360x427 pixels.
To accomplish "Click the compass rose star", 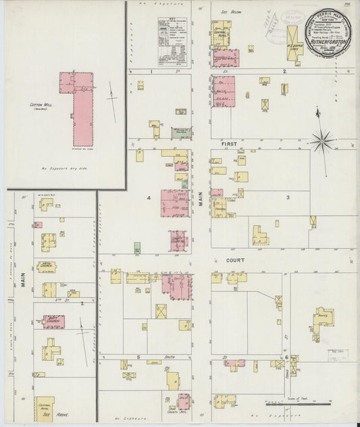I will (322, 141).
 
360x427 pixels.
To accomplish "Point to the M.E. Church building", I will (47, 265).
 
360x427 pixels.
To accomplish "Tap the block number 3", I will (287, 197).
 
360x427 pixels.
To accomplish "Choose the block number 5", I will (137, 356).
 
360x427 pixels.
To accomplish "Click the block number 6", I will (287, 357).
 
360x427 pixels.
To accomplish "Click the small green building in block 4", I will (138, 247).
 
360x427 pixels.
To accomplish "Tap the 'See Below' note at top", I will (227, 11).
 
